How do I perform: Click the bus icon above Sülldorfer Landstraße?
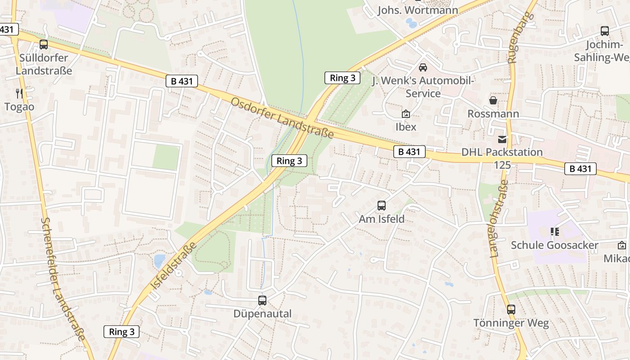[x=44, y=45]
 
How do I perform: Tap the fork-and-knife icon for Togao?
[x=19, y=94]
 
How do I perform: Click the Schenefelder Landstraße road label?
[x=63, y=279]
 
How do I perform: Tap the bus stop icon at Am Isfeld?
[x=382, y=206]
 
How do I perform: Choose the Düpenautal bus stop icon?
[x=262, y=300]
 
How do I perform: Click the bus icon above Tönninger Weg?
[x=511, y=310]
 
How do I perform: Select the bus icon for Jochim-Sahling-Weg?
[x=605, y=31]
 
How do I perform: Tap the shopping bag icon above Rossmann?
[x=493, y=100]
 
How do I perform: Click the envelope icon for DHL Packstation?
[x=502, y=139]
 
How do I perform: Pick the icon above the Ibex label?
[x=406, y=114]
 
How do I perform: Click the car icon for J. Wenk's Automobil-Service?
[x=423, y=67]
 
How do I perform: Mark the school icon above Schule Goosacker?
[x=554, y=232]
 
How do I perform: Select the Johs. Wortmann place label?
[x=418, y=10]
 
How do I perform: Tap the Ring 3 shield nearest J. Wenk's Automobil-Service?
[x=342, y=78]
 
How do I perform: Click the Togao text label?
[x=19, y=107]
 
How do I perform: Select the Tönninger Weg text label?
[x=511, y=323]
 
